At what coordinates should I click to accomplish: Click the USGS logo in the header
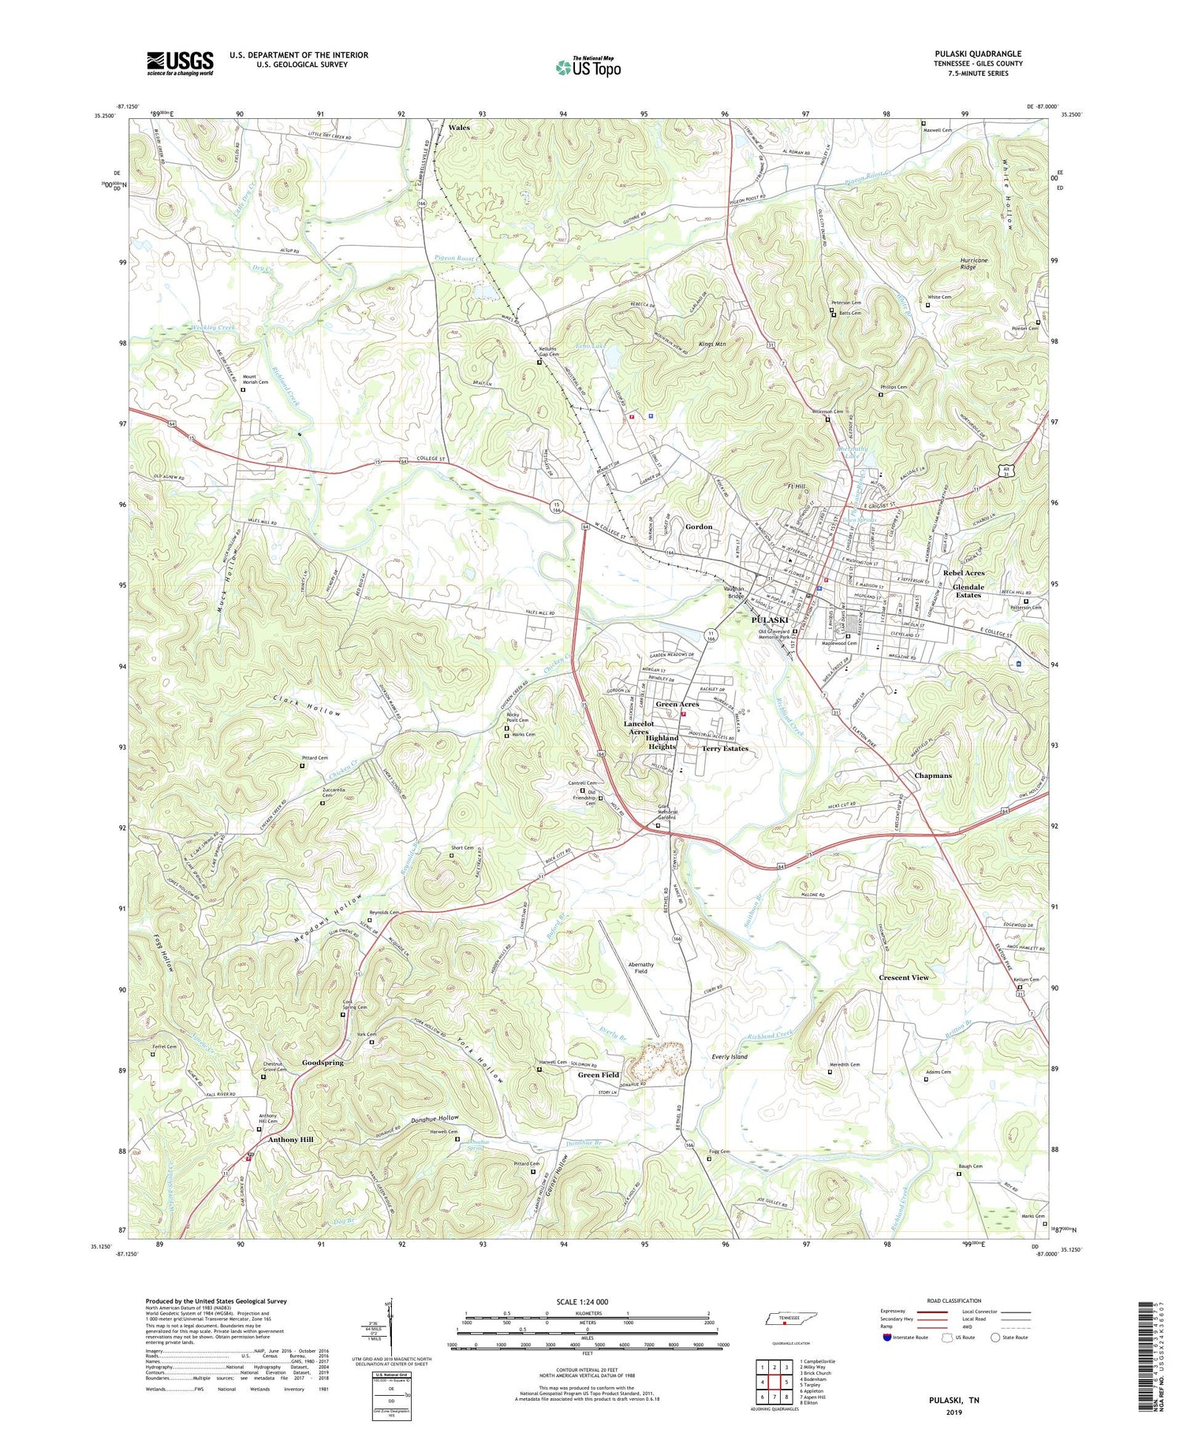click(x=180, y=63)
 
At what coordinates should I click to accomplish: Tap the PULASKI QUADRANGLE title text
click(x=977, y=54)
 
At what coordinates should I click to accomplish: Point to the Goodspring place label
click(x=323, y=1062)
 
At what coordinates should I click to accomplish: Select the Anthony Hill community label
click(x=290, y=1140)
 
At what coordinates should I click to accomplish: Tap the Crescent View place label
click(x=904, y=977)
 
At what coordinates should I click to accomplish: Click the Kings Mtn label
click(x=712, y=344)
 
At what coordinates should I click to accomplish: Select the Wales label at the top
click(x=459, y=127)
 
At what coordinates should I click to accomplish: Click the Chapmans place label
click(x=932, y=776)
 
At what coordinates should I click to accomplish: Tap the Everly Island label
click(x=729, y=1056)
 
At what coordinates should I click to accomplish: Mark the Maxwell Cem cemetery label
click(x=938, y=130)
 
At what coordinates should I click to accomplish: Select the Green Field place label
click(x=599, y=1075)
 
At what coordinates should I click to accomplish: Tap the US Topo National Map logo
click(x=588, y=67)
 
